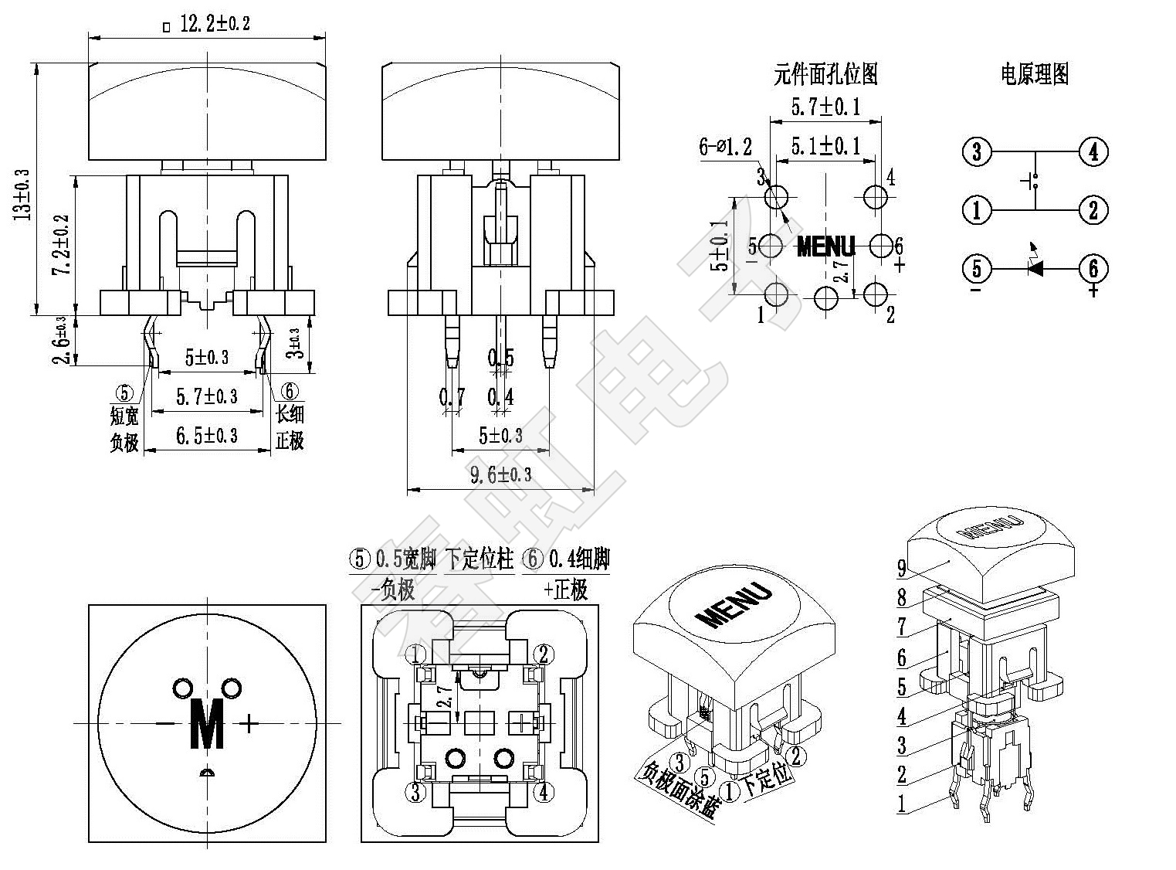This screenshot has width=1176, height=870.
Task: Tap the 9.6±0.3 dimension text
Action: (500, 474)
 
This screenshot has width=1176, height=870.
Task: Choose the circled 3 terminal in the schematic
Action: (977, 151)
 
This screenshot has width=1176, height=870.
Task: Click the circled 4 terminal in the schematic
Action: (1093, 151)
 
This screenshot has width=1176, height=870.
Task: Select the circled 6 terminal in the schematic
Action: (1093, 269)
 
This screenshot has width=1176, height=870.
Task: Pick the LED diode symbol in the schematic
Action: (1034, 268)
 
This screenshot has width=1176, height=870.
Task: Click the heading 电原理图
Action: (1034, 75)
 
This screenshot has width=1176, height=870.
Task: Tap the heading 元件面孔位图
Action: (825, 75)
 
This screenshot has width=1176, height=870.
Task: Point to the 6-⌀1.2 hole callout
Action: (724, 146)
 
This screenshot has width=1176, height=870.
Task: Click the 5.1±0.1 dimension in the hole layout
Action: (825, 145)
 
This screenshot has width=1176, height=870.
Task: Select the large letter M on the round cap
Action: (207, 724)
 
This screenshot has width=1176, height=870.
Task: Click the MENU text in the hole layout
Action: (825, 246)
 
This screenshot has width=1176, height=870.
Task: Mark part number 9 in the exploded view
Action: (901, 569)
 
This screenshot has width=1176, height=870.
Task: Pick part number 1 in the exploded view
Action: (901, 804)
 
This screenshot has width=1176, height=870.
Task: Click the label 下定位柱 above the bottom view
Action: (480, 559)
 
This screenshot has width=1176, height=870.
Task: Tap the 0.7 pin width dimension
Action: (452, 398)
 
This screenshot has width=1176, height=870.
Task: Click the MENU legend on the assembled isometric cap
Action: (734, 605)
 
